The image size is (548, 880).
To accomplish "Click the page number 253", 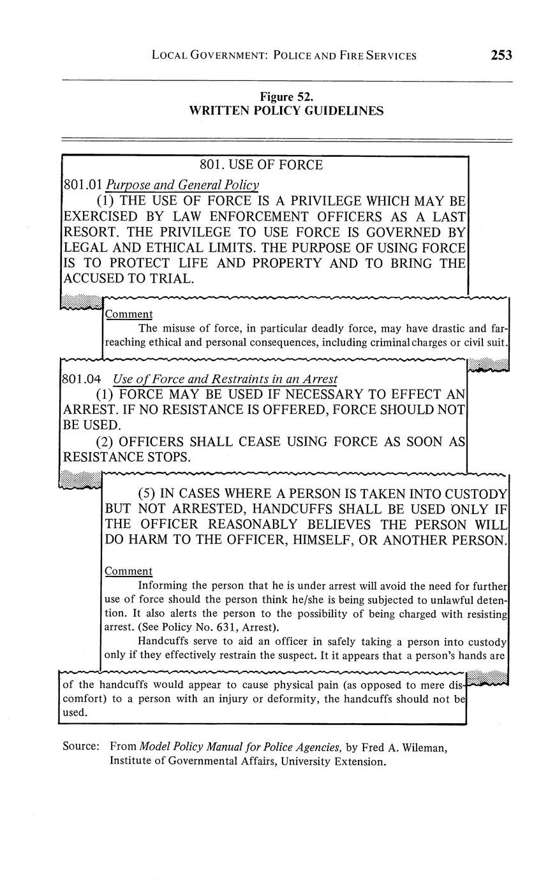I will pyautogui.click(x=501, y=55).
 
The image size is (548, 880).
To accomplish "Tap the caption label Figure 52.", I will pyautogui.click(x=286, y=97).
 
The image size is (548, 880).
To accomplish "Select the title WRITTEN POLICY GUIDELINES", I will pyautogui.click(x=286, y=111).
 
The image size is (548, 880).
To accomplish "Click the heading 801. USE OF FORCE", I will pyautogui.click(x=261, y=165).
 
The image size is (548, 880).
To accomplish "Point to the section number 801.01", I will pyautogui.click(x=83, y=186).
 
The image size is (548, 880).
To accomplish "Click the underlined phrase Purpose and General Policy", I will pyautogui.click(x=182, y=186).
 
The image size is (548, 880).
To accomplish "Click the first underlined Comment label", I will pyautogui.click(x=128, y=314).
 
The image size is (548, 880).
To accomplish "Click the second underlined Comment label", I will pyautogui.click(x=128, y=571).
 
